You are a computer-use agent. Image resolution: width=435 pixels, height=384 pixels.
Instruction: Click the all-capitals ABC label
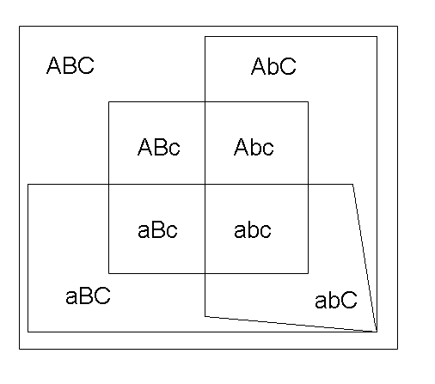click(x=70, y=65)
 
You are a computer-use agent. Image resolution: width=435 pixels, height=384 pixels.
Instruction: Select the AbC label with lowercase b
click(x=273, y=66)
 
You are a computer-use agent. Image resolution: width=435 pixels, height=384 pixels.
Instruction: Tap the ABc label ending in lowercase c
click(x=159, y=147)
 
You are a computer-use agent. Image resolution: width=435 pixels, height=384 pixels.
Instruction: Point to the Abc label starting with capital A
click(x=254, y=147)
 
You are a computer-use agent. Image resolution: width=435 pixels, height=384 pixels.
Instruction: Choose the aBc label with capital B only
click(x=157, y=230)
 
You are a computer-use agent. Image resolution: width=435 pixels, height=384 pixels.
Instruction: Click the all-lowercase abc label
click(x=253, y=230)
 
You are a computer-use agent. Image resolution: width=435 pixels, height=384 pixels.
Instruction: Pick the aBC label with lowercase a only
click(x=88, y=296)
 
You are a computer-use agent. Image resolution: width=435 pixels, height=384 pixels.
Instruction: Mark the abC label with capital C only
click(x=336, y=300)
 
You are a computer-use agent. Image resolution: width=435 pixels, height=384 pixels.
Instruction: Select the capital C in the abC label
click(x=349, y=300)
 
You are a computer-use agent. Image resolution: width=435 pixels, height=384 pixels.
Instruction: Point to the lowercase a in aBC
click(x=71, y=297)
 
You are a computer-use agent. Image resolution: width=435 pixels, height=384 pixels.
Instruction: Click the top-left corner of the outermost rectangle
click(x=20, y=27)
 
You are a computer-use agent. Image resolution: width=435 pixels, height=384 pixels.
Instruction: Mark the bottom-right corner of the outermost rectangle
click(x=397, y=349)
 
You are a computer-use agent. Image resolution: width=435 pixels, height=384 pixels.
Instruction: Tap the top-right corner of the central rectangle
click(x=308, y=101)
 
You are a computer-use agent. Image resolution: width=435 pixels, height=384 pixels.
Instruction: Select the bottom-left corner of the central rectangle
click(x=109, y=273)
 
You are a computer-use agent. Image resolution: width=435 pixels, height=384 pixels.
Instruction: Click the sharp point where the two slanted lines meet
click(x=377, y=332)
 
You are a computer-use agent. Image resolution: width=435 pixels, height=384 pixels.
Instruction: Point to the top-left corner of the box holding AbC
click(x=205, y=37)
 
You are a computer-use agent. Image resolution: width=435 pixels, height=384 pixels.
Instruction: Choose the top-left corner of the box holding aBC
click(x=28, y=185)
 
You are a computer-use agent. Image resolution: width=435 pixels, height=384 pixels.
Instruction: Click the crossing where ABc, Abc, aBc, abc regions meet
click(x=205, y=185)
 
